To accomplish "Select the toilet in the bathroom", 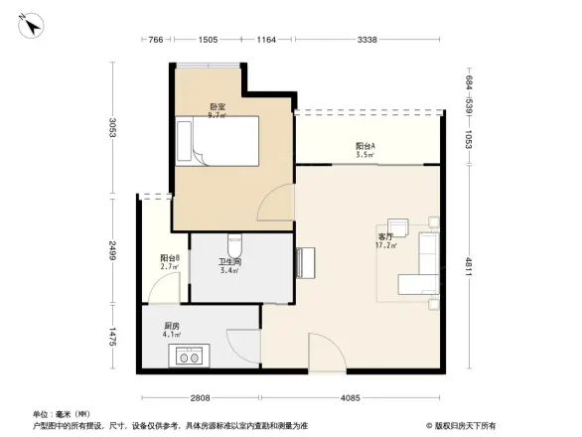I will pyautogui.click(x=234, y=243).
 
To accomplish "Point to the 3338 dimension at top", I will pyautogui.click(x=366, y=40).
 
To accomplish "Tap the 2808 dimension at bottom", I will pyautogui.click(x=200, y=399).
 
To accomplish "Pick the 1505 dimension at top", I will pyautogui.click(x=208, y=40).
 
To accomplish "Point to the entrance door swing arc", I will pyautogui.click(x=323, y=351).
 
